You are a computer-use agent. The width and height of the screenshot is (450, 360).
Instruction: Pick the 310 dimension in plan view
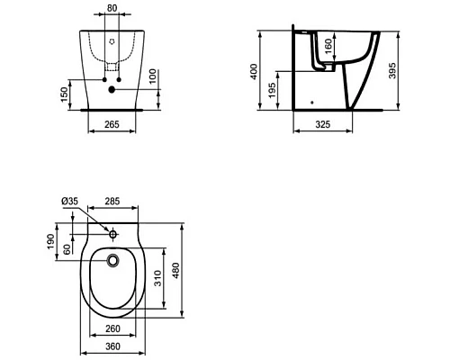157,281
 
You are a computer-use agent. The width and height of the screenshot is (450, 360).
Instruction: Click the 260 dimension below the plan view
112,328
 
